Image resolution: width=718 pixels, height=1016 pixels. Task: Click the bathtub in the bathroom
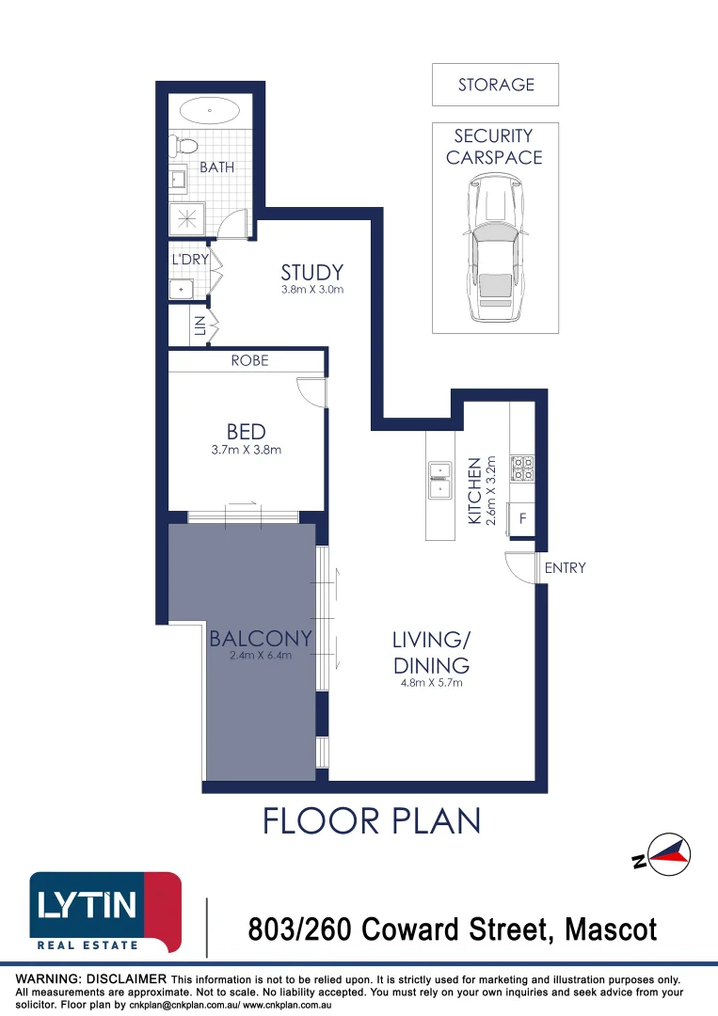tap(209, 110)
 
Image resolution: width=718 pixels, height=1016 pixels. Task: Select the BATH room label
tap(216, 167)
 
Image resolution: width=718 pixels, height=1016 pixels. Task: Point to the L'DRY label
tap(189, 259)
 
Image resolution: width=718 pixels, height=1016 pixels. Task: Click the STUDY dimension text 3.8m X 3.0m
tap(312, 290)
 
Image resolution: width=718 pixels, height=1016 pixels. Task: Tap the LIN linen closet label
tap(199, 325)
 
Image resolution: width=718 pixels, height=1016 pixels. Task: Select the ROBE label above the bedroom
tap(249, 360)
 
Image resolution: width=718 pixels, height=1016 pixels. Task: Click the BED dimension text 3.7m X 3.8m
tap(246, 450)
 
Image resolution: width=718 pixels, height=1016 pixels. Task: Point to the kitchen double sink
tap(439, 480)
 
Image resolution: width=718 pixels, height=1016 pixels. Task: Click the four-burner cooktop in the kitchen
tap(522, 468)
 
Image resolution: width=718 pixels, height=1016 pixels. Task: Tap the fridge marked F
tap(522, 517)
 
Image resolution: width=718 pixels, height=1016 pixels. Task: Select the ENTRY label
tap(565, 567)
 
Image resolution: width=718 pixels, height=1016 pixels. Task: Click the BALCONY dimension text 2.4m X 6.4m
tap(261, 656)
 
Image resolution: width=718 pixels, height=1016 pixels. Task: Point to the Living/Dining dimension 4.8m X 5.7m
tap(430, 683)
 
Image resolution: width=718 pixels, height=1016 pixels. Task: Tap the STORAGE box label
tap(496, 85)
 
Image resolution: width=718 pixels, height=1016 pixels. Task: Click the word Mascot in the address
tap(610, 930)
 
